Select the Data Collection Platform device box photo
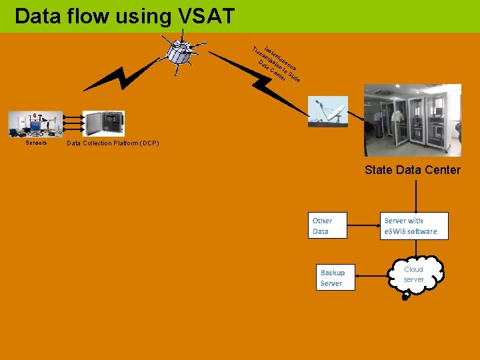click(x=103, y=124)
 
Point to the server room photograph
click(x=412, y=120)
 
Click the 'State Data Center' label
click(x=412, y=170)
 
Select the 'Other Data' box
click(x=331, y=226)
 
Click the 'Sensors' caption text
click(x=36, y=143)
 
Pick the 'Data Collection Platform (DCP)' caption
click(x=113, y=143)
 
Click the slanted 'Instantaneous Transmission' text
click(x=276, y=64)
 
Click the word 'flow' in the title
click(x=96, y=16)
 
